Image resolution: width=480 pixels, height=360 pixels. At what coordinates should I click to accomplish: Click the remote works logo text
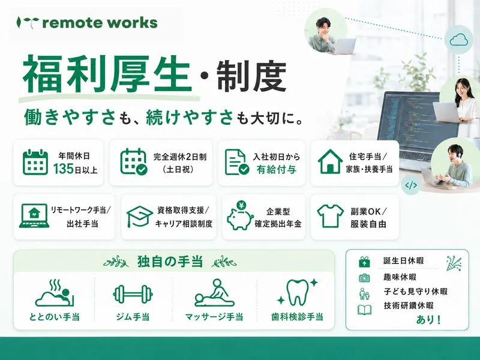100,23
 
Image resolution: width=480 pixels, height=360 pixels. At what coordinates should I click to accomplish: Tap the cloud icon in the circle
458,40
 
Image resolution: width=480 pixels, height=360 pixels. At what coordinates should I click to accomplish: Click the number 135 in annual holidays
64,169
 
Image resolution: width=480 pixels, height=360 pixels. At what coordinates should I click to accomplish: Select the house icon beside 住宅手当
330,161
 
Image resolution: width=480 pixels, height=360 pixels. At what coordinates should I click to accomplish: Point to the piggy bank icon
240,215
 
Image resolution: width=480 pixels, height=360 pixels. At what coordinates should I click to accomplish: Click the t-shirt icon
330,216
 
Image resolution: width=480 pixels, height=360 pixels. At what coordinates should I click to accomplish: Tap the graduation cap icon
140,216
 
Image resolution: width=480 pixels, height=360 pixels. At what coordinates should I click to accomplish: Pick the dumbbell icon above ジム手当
133,295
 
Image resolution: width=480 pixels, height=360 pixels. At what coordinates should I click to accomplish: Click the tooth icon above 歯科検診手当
297,292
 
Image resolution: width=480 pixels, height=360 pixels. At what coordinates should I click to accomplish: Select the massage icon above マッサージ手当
214,293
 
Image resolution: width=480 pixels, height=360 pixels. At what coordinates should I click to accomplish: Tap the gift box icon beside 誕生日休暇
364,262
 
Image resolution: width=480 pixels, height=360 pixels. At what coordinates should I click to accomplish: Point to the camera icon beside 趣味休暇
364,278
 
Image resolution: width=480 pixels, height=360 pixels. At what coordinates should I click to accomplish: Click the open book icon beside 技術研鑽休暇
365,310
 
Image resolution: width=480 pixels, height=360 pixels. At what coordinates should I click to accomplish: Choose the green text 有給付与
277,169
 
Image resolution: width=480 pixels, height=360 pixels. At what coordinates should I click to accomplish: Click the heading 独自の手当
170,262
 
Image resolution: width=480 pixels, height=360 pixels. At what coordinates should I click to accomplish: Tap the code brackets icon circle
411,185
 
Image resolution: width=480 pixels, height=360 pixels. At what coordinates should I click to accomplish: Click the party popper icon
454,263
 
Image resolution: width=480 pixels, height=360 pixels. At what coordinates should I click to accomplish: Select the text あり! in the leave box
428,320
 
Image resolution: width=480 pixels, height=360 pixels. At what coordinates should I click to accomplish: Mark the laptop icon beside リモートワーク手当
34,216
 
